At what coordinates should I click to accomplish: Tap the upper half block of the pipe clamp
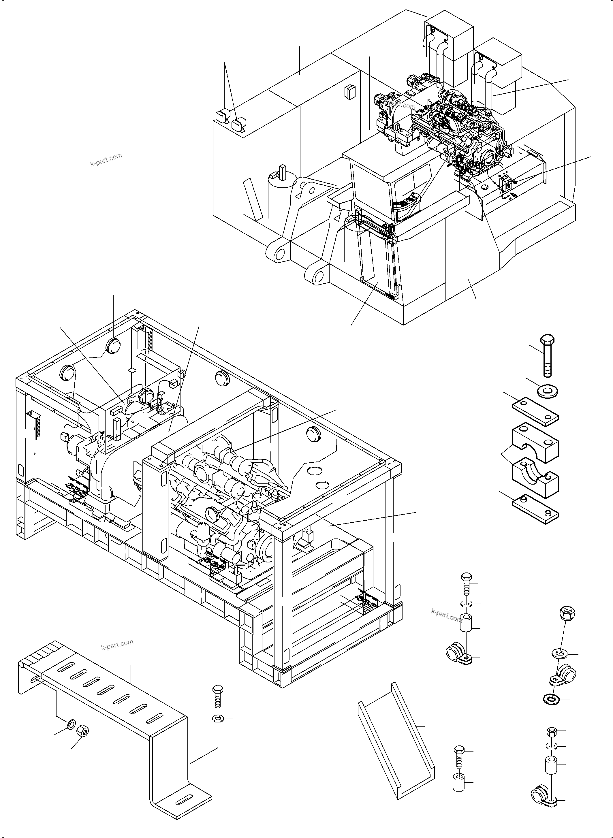535,441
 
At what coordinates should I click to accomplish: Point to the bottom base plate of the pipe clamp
535,509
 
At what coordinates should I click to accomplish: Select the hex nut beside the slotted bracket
82,731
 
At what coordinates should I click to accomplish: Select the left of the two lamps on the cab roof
223,116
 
